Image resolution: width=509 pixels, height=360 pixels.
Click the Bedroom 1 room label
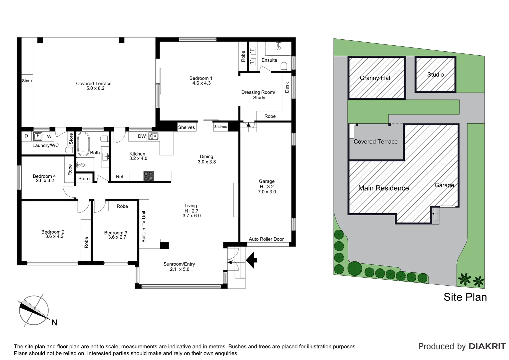click(201, 78)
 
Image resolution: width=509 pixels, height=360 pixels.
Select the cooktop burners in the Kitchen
click(149, 176)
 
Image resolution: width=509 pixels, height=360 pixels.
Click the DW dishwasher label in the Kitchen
click(142, 136)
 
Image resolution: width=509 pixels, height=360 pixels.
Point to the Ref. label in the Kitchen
click(120, 177)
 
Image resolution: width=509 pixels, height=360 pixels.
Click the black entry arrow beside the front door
click(252, 260)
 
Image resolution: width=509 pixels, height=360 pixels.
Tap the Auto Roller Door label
click(266, 239)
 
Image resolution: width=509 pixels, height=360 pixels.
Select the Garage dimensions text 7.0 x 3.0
click(267, 192)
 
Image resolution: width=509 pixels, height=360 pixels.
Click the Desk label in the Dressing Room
click(287, 88)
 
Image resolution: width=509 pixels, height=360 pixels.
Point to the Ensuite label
click(269, 60)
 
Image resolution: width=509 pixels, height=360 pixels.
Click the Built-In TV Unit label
click(144, 226)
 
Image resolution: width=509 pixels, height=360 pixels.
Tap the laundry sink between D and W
click(38, 136)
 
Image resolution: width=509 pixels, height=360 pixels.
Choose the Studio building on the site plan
click(435, 74)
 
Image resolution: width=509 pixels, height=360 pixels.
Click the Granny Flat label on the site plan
click(375, 78)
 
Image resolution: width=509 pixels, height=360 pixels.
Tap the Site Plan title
click(465, 297)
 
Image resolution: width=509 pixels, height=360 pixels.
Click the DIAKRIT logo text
click(487, 346)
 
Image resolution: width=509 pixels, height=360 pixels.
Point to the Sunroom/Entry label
click(179, 264)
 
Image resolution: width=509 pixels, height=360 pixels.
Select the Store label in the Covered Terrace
click(27, 81)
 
